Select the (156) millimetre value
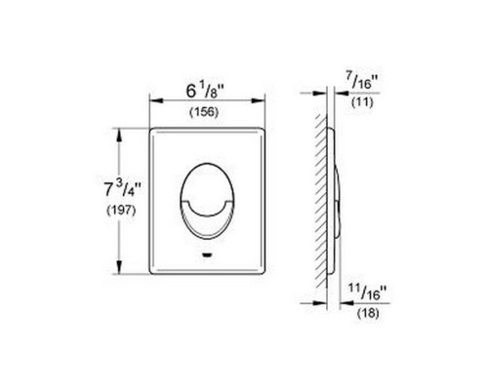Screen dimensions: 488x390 pos(204,112)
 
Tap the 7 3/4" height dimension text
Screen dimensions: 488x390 pos(122,189)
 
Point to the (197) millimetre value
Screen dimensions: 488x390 pos(121,211)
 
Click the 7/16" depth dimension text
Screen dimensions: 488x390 pos(363,81)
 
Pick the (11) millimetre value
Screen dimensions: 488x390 pos(362,102)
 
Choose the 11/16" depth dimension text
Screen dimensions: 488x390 pos(369,292)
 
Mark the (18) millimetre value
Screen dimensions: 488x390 pos(368,313)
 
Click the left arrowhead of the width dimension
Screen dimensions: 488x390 pos(156,100)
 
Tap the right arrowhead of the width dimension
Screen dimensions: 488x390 pos(259,100)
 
